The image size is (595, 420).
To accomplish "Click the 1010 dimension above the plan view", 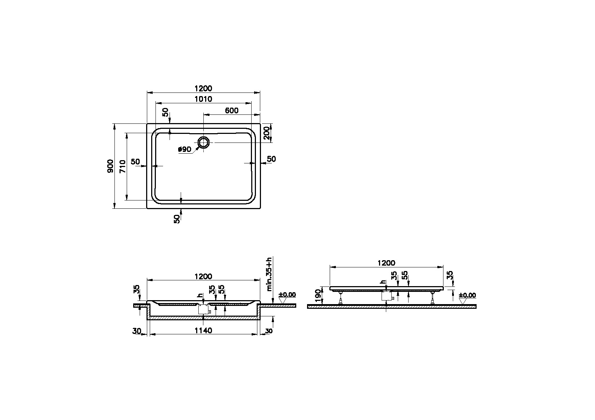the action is (x=203, y=99).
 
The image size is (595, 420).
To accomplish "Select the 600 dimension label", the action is (x=231, y=110).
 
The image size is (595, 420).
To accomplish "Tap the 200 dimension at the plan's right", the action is (x=267, y=133).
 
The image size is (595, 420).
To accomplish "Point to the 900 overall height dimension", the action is (x=110, y=166).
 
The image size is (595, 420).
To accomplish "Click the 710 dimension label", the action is (x=122, y=167).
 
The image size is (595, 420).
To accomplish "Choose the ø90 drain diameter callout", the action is (x=185, y=149).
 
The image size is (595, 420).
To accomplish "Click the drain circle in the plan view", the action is (x=203, y=143).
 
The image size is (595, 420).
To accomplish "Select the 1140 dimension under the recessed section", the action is (x=203, y=330).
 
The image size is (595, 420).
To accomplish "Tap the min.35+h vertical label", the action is (x=269, y=274).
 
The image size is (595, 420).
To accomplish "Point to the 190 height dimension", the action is (x=317, y=295).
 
